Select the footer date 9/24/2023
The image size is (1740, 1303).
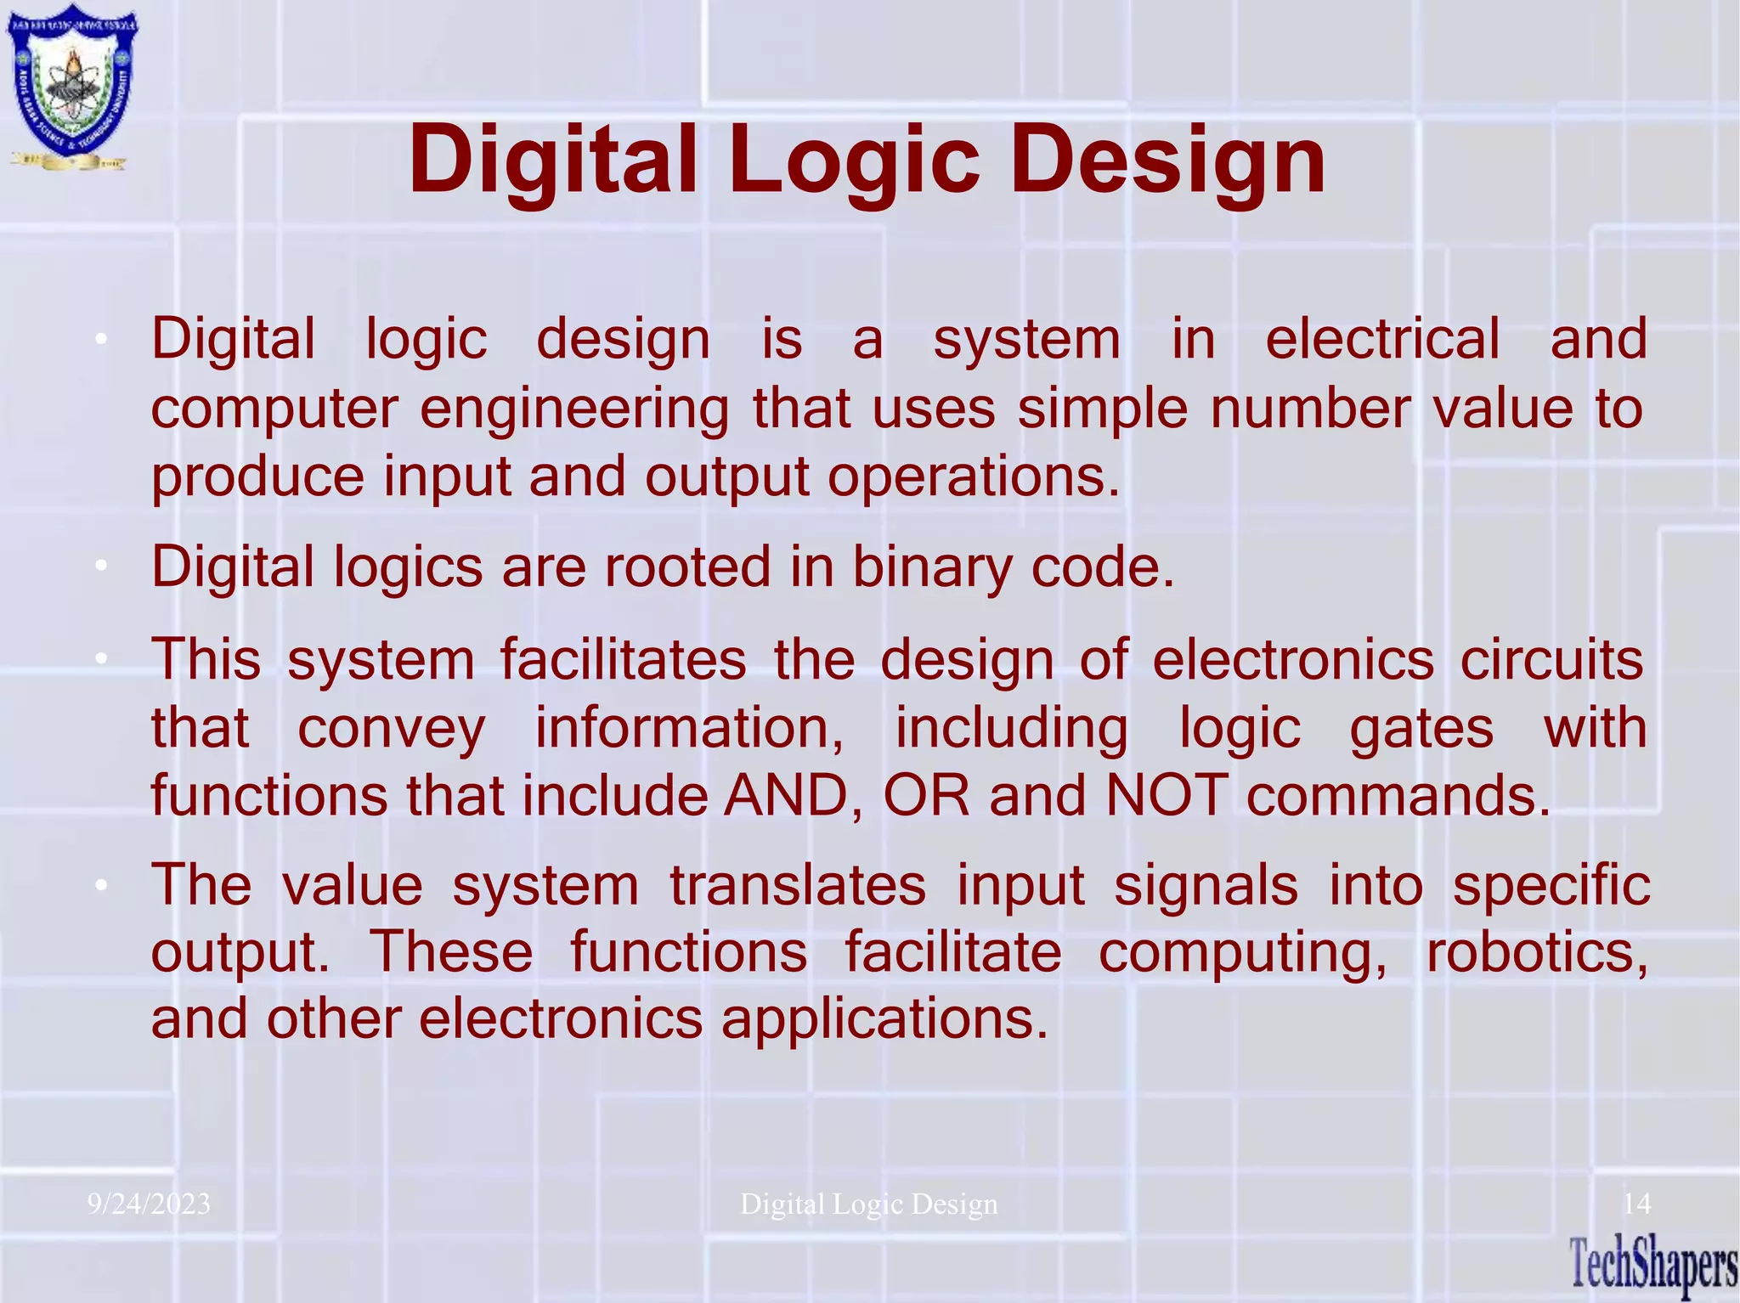[x=149, y=1204]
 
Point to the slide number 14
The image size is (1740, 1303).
[x=1636, y=1204]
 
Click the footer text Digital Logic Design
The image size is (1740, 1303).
[x=868, y=1204]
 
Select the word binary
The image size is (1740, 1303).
[x=931, y=567]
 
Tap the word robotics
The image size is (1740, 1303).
[x=1536, y=951]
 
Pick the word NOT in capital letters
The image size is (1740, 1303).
[x=1167, y=796]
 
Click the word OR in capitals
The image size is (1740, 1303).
[x=926, y=796]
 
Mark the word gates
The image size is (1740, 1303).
[x=1421, y=730]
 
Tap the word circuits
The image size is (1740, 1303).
[x=1551, y=660]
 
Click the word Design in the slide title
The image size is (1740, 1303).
[x=1167, y=161]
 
